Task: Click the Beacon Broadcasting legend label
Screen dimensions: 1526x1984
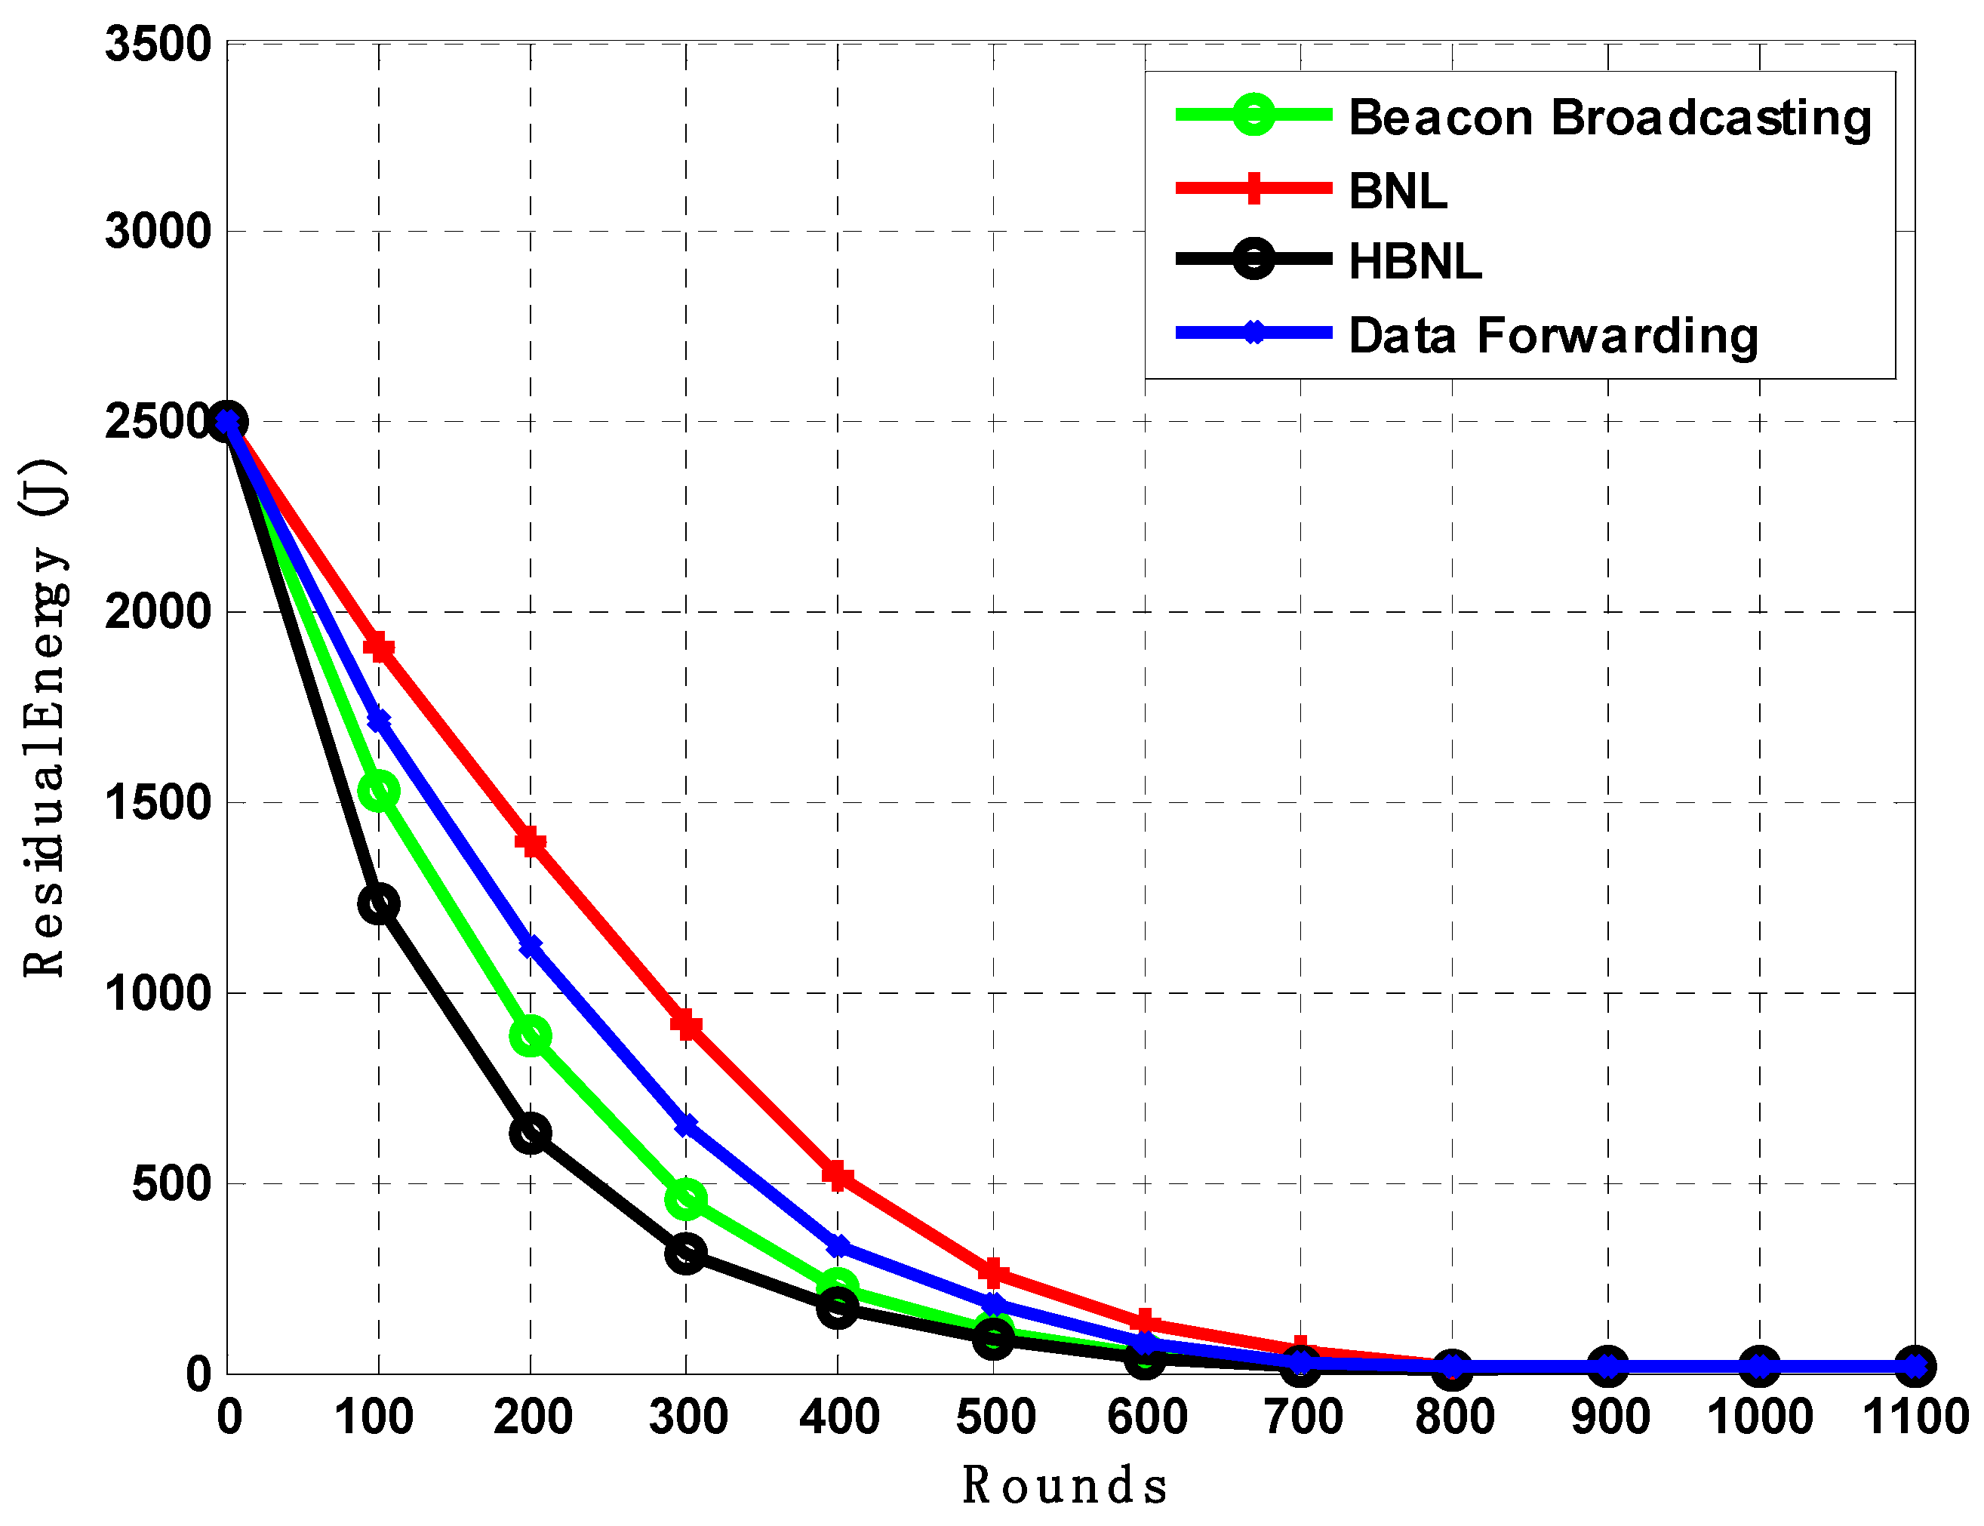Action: tap(1609, 118)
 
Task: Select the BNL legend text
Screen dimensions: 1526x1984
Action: tap(1397, 191)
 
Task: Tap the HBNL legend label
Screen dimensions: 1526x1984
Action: tap(1414, 262)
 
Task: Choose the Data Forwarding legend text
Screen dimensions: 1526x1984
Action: tap(1553, 335)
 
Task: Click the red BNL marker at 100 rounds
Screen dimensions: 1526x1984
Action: tap(379, 648)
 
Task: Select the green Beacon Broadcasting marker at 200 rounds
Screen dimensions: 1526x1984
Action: tap(531, 1035)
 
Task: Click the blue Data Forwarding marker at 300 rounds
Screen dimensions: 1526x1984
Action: tap(686, 1125)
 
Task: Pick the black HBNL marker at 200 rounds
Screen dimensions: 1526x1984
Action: tap(531, 1133)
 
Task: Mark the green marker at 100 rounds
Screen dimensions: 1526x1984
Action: tap(379, 791)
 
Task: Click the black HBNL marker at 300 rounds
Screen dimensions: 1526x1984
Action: tap(686, 1254)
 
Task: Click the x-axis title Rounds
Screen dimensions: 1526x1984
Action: tap(1065, 1486)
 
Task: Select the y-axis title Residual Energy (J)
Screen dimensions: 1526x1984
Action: tap(44, 718)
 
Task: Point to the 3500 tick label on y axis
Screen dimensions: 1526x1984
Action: tap(158, 44)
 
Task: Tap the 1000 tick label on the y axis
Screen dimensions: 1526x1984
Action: tap(158, 993)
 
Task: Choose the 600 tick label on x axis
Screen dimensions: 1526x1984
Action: tap(1146, 1417)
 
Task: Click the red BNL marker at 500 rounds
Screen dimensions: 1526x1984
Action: tap(993, 1272)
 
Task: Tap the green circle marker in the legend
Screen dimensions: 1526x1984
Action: tap(1253, 115)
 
